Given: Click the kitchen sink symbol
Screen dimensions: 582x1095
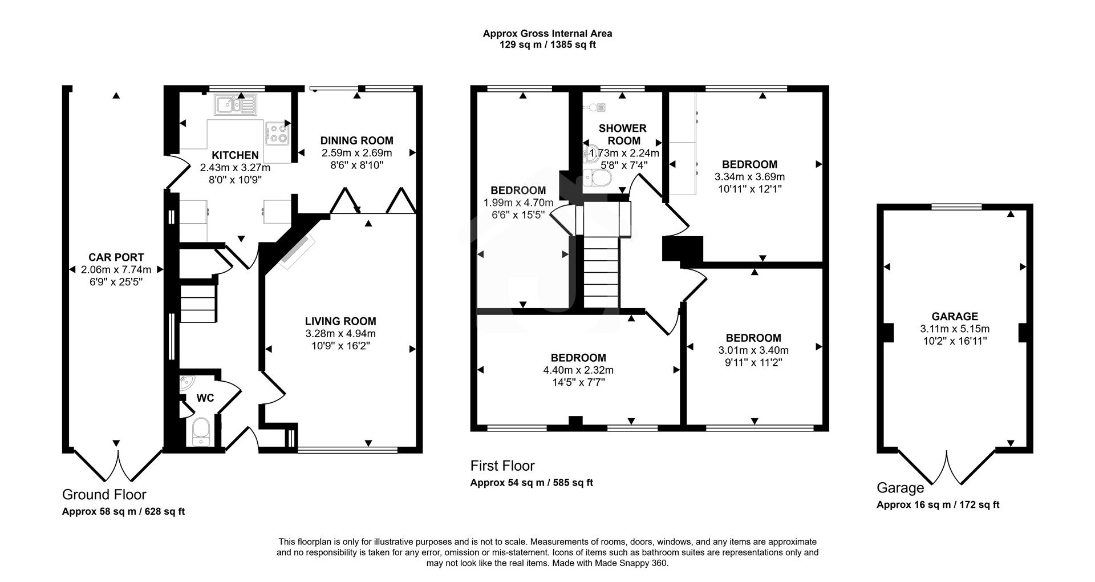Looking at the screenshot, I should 236,104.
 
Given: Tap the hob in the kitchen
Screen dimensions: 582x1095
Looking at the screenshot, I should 278,134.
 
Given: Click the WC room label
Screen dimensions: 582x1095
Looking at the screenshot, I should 205,398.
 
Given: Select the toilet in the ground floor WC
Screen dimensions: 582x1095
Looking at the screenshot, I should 201,431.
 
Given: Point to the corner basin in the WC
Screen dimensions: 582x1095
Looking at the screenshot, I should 186,383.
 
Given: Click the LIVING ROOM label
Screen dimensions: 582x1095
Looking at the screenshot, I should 340,321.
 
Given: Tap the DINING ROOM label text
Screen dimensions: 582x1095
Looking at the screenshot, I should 356,140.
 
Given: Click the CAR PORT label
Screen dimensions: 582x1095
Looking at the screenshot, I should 116,257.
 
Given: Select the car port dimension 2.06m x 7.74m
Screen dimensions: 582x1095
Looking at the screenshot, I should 116,270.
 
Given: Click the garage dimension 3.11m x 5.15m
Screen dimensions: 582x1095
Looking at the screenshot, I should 954,329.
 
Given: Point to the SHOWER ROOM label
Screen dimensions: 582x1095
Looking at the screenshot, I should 622,134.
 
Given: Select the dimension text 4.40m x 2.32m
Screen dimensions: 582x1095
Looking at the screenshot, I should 578,370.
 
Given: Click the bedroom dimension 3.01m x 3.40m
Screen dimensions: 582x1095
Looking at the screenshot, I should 753,350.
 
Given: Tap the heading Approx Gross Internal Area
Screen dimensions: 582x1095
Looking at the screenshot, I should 547,34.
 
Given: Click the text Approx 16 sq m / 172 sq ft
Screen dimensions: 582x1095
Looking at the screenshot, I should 938,504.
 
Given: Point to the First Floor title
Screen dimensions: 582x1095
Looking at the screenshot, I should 502,466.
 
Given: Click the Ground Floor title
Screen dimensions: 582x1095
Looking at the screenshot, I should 104,494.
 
